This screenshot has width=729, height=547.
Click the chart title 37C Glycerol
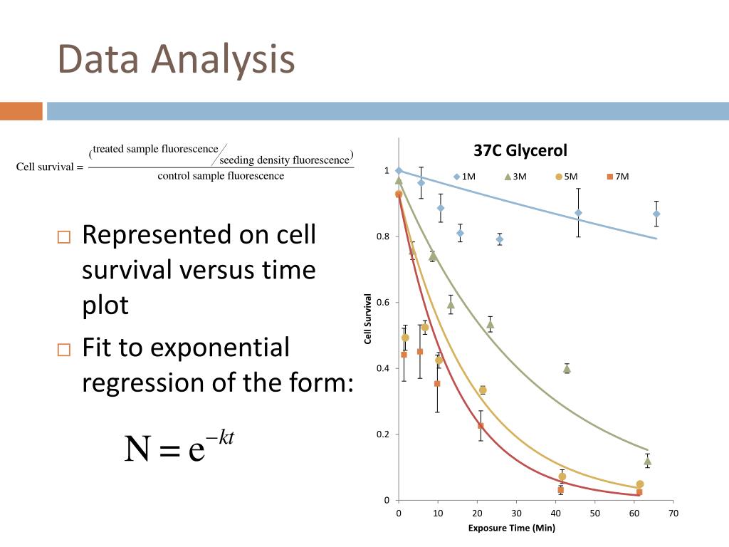coord(520,151)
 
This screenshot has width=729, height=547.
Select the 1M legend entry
coord(464,177)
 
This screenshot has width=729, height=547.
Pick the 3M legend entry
coord(515,177)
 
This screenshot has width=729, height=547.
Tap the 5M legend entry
coord(566,177)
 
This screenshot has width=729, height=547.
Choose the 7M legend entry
coord(618,177)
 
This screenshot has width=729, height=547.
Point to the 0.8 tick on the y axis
coord(382,236)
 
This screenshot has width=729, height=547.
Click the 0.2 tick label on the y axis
coord(382,434)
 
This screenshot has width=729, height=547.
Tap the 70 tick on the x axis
coord(673,514)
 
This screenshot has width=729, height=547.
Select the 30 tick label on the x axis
coord(516,514)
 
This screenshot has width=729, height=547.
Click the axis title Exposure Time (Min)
coord(511,528)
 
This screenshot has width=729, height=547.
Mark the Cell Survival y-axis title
coord(368,319)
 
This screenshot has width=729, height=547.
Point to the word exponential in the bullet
coord(186,348)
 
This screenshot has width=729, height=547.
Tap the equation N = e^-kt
coord(179,446)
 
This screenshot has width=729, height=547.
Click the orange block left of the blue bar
coord(21,111)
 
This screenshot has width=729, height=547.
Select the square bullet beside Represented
coord(63,237)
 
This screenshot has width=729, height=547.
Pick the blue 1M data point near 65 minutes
coord(656,214)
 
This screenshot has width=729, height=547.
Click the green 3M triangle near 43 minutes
coord(567,369)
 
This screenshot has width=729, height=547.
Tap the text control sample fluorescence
coord(221,176)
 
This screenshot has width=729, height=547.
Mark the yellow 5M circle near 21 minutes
coord(483,390)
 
